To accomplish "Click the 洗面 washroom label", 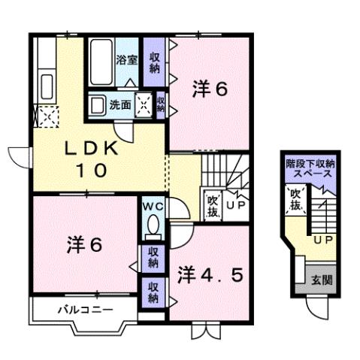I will (x=120, y=105).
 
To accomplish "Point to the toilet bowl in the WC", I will (x=153, y=225).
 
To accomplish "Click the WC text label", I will (x=151, y=205).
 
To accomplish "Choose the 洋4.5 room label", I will (x=211, y=275).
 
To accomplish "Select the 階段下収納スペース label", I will (x=310, y=168).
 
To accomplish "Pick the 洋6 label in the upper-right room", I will (x=208, y=89).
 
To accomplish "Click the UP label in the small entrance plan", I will (x=323, y=240).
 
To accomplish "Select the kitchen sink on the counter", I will (x=45, y=85).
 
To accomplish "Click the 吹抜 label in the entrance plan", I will (x=295, y=200).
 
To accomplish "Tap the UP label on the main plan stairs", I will (x=234, y=204).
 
